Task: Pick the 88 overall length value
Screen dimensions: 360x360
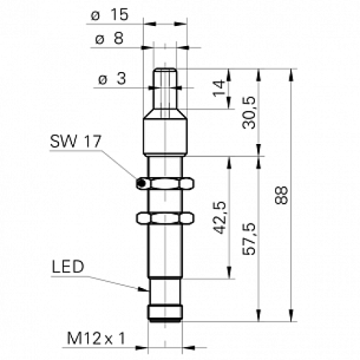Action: (282, 195)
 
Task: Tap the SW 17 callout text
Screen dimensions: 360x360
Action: (75, 141)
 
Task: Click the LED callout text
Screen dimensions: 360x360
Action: (68, 268)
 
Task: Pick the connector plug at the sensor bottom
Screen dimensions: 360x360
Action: (166, 311)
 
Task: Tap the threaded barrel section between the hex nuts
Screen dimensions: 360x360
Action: (166, 201)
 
